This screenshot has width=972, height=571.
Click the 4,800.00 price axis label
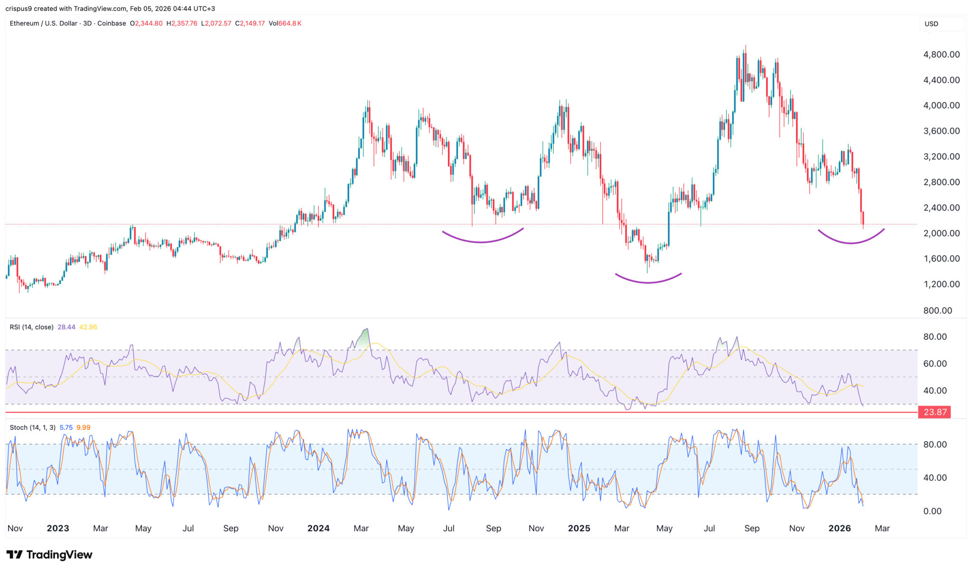click(x=941, y=55)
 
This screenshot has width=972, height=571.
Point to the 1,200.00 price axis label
click(x=941, y=285)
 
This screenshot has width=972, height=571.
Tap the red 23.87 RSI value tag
click(x=935, y=412)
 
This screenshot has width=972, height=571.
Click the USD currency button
click(x=931, y=24)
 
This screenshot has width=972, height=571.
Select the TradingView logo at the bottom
click(x=49, y=554)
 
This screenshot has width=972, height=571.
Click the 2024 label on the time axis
click(x=318, y=528)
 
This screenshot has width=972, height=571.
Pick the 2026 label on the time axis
click(x=839, y=528)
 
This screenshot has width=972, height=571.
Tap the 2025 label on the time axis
click(x=579, y=528)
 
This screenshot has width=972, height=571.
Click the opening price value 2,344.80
click(x=149, y=23)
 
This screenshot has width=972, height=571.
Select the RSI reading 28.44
click(x=66, y=327)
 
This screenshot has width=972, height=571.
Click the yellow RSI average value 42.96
click(x=88, y=327)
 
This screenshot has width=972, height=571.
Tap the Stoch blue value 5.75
click(x=66, y=428)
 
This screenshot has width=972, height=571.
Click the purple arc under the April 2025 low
click(x=648, y=282)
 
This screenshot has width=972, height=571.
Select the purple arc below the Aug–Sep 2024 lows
click(x=482, y=242)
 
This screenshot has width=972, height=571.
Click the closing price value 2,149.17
click(x=252, y=23)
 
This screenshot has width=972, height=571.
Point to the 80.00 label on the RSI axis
click(x=935, y=337)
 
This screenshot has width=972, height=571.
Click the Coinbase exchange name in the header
click(x=112, y=23)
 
